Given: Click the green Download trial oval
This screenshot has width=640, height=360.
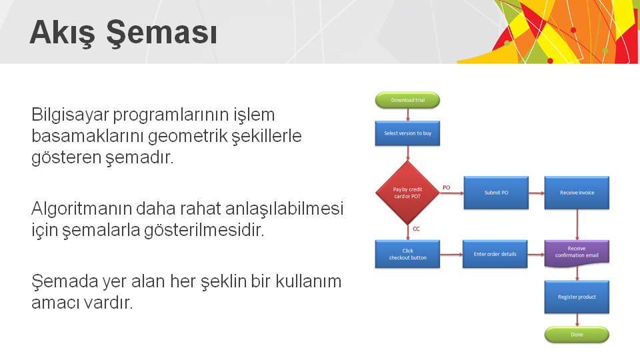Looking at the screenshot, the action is pos(407,100).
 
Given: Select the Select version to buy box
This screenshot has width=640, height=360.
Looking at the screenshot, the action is pos(407,133).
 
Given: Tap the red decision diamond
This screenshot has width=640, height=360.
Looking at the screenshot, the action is pos(407,193).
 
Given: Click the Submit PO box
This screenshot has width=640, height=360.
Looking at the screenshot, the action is pos(496,193).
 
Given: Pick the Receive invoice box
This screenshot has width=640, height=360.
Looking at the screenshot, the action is pos(577,193).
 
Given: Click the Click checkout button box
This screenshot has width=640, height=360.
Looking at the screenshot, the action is pos(407,254).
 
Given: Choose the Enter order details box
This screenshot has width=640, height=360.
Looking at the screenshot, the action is pos(495,254).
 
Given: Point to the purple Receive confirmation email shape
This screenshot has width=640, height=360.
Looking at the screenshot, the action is pos(577,253).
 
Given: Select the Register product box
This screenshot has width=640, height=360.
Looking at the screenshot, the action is pos(577,297).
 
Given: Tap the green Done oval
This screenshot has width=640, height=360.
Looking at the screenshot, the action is pos(577,334).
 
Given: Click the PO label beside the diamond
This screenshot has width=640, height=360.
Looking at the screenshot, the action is pos(447,188).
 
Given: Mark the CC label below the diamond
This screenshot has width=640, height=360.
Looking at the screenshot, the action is pos(416,229).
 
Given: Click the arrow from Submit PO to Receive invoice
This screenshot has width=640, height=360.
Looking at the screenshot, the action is pos(536,193).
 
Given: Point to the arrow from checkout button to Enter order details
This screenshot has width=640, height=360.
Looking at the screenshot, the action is pos(451,254).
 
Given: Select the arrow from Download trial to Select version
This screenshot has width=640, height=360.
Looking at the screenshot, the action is pos(407,115).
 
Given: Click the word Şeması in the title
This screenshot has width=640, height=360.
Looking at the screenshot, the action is pos(161,33).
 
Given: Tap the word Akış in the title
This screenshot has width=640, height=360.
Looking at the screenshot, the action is pos(63,33).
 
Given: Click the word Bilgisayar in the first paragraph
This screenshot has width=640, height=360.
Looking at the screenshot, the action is pos(70,115).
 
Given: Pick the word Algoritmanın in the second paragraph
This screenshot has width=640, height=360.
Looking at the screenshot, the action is pos(81,209).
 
